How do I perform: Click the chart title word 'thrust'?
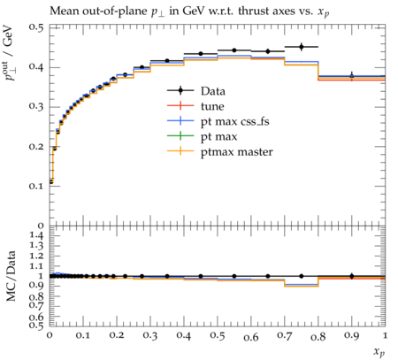pos(253,11)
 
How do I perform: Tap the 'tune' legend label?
pos(212,106)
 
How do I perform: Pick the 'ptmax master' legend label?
pos(237,152)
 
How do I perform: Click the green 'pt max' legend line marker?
pos(180,136)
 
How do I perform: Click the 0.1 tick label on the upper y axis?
pos(36,186)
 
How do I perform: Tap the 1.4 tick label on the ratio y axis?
pos(36,235)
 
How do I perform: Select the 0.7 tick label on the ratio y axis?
pos(36,305)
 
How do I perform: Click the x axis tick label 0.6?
pos(251,337)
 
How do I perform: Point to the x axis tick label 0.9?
pos(352,336)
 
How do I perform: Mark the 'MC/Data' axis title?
pos(11,276)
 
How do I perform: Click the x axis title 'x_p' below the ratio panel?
pos(379,352)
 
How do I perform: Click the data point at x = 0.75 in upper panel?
pos(302,47)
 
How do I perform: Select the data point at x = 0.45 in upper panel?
pos(201,54)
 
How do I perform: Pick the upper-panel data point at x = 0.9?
pos(352,76)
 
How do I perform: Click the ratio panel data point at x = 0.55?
pos(234,276)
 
